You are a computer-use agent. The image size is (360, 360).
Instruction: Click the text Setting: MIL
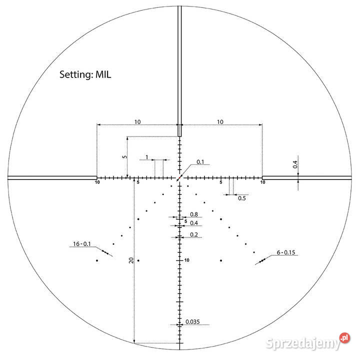85,74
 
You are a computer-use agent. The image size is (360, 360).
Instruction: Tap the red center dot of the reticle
179,177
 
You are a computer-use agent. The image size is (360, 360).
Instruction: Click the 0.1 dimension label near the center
200,162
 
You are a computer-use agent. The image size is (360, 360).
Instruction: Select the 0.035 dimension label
192,321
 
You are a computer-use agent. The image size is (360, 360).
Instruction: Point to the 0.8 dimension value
194,214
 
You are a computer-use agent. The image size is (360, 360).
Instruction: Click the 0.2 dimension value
194,234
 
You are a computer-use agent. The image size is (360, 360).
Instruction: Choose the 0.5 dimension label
242,198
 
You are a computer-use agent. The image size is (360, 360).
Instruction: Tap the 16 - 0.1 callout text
82,244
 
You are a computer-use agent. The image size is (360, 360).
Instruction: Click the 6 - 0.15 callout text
286,252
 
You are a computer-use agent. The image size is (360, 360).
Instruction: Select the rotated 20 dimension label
131,260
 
